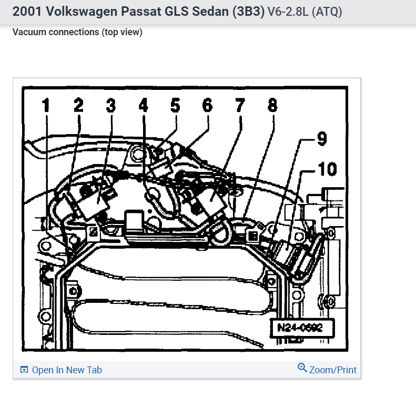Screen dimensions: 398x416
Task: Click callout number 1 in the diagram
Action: click(46, 106)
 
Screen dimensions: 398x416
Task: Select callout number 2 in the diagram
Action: click(78, 106)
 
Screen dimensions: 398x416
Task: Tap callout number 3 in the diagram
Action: click(110, 106)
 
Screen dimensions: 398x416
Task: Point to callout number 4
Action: click(143, 106)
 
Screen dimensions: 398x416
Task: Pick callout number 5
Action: click(175, 106)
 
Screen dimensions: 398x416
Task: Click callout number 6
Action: click(207, 106)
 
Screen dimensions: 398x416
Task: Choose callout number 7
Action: click(240, 106)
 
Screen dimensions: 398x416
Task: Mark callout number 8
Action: click(272, 106)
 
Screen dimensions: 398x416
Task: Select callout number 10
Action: click(327, 169)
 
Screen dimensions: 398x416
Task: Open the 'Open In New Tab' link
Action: click(67, 370)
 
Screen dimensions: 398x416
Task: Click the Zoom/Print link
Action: click(333, 370)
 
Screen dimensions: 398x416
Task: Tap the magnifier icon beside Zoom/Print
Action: click(302, 368)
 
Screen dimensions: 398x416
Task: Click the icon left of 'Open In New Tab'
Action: click(24, 370)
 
